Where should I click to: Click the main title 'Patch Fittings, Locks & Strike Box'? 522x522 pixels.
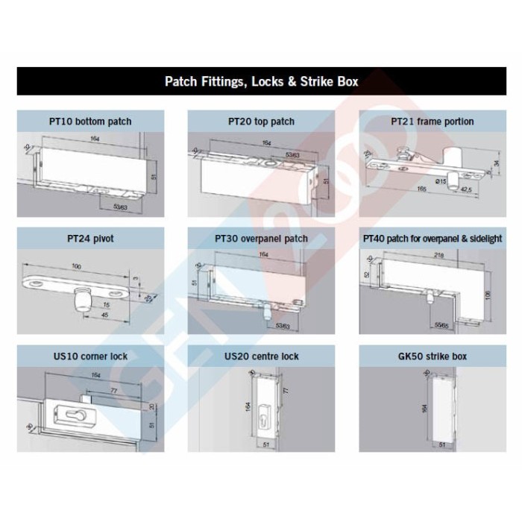pos(261,81)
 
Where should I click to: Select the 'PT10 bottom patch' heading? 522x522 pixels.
pos(90,122)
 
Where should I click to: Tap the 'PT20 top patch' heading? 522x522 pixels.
pos(261,122)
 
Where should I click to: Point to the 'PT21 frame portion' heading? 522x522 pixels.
pos(432,122)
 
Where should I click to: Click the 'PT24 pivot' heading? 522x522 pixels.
pos(90,239)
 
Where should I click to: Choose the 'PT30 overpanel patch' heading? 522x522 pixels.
pos(261,239)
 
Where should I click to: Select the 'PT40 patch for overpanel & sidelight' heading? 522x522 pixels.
pos(432,239)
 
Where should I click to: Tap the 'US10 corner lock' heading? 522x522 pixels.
pos(90,356)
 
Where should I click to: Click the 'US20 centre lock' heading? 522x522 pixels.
pos(261,356)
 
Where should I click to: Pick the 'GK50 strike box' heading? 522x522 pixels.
pos(432,356)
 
